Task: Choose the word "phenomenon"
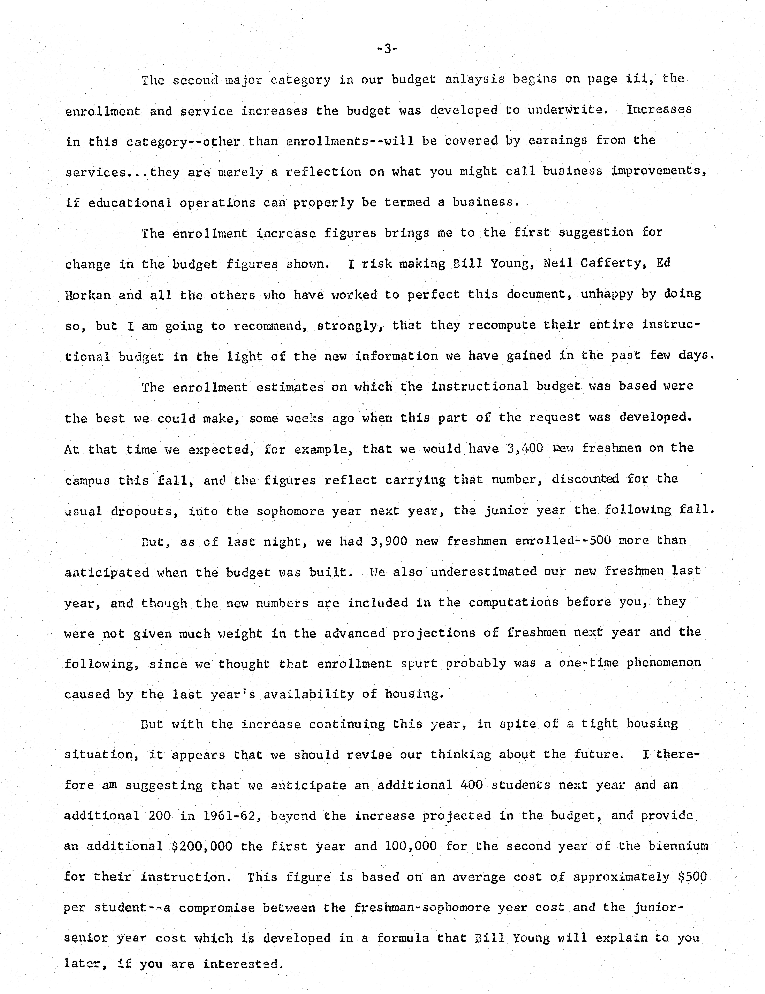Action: (663, 663)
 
